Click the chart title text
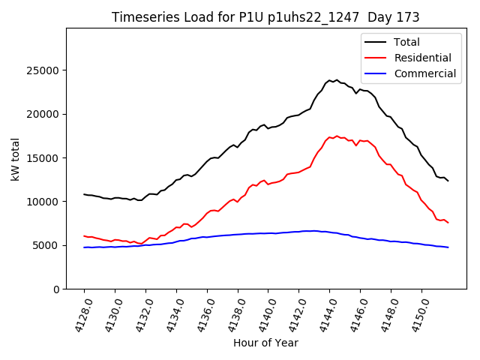[x=265, y=17]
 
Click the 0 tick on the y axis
[x=57, y=289]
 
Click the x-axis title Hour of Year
[x=265, y=343]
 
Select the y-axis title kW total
[x=15, y=158]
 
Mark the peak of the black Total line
[x=337, y=79]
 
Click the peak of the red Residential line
[x=337, y=136]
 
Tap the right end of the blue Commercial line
[x=448, y=247]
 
